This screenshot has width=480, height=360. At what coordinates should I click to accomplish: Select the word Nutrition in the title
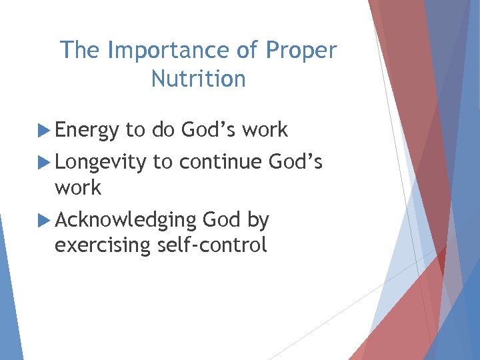(x=198, y=79)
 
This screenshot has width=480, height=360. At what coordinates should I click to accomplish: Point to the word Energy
(x=87, y=131)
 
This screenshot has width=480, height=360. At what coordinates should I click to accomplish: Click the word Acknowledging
(x=125, y=220)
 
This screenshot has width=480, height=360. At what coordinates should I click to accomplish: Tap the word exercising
(x=103, y=245)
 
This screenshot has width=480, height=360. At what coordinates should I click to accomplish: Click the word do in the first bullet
(x=163, y=130)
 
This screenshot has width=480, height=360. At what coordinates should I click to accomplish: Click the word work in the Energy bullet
(x=265, y=130)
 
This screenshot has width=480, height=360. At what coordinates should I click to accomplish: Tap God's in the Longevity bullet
(x=295, y=161)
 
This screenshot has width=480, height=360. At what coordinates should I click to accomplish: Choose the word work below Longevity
(x=78, y=188)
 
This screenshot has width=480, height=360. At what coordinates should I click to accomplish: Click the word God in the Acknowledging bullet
(x=221, y=220)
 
